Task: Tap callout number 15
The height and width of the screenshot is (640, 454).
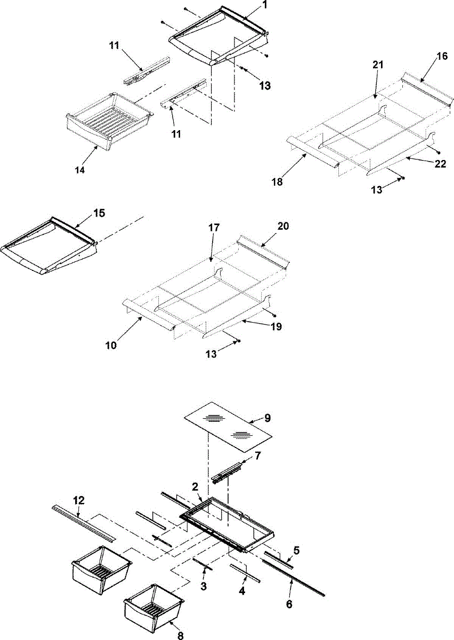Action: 99,213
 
